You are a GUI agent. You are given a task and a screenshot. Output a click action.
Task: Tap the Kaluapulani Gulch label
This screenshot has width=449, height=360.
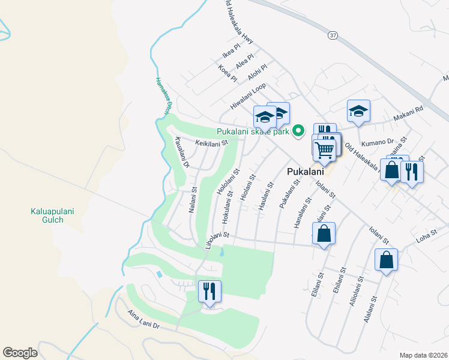47,215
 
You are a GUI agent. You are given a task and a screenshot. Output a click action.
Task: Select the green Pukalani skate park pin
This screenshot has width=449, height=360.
298,131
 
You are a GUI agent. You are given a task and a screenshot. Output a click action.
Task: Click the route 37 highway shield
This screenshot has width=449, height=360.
333,35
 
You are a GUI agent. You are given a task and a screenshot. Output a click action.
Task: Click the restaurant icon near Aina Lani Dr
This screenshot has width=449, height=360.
209,292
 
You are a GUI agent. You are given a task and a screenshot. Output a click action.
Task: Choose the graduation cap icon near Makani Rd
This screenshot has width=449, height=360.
358,111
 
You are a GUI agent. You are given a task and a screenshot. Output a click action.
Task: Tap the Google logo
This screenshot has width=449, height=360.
20,353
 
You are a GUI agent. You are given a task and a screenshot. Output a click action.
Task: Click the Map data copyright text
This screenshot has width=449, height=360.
423,355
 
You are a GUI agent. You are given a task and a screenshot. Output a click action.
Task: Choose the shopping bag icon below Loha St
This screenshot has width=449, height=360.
386,260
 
